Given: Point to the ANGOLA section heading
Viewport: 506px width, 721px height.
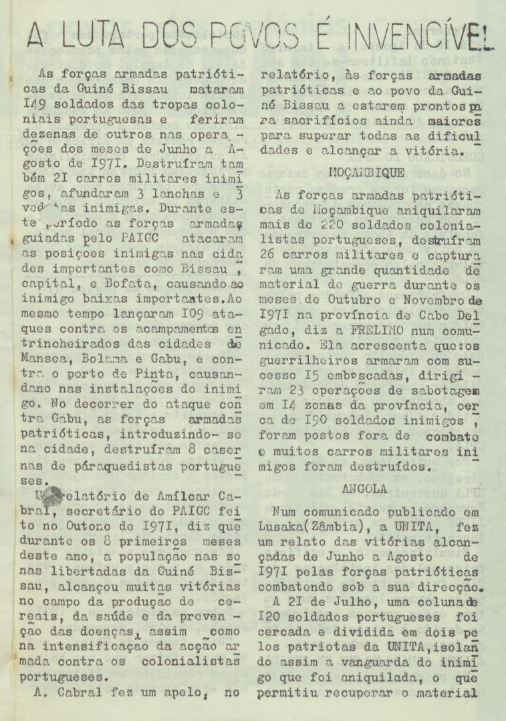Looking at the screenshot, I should click(x=364, y=488).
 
